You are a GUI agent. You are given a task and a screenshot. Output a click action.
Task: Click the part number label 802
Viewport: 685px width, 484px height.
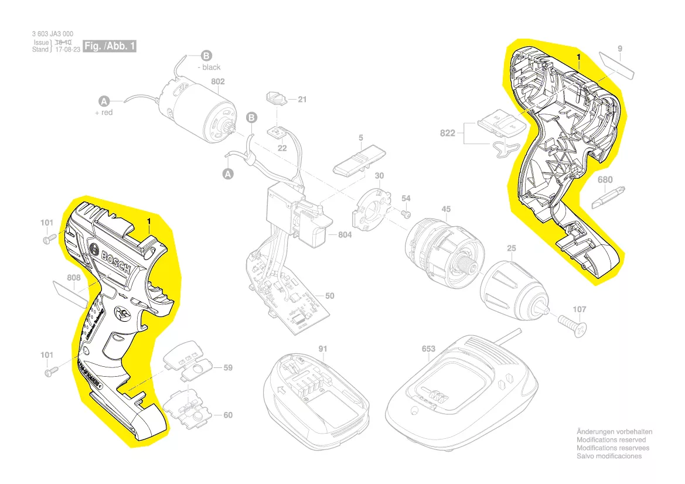point(218,81)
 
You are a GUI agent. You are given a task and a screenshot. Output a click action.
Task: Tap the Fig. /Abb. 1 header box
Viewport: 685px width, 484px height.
point(110,46)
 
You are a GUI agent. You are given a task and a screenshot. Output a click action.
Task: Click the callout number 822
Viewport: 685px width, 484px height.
point(448,134)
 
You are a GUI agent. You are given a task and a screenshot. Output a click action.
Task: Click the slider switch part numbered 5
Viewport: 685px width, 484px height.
point(359,160)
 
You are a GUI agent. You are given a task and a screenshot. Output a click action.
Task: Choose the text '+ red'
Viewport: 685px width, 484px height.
point(104,112)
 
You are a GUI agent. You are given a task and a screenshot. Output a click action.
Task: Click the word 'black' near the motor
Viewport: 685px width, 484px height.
point(212,67)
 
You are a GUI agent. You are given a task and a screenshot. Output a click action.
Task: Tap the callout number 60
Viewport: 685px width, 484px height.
point(227,415)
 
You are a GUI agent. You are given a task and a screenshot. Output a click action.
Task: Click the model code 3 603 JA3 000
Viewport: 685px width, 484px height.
point(53,35)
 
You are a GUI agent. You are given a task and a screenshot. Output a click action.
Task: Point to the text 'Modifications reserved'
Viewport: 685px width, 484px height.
point(611,439)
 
